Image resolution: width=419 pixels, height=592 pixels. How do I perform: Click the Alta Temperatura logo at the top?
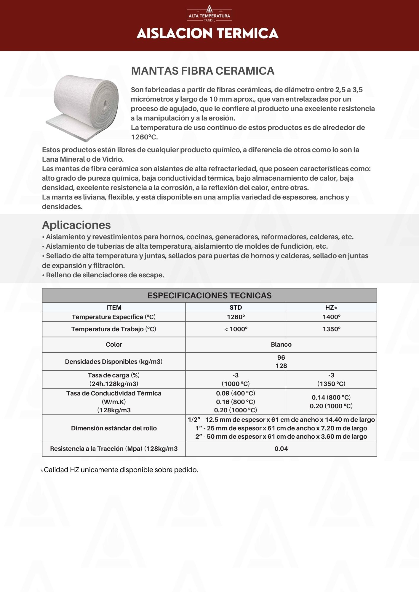tap(209, 14)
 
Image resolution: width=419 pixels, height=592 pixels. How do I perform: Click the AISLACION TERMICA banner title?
tap(207, 33)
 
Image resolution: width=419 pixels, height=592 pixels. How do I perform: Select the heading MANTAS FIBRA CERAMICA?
tap(203, 71)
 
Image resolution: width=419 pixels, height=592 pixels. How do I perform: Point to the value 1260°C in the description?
tap(144, 137)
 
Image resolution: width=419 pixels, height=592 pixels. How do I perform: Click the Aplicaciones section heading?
tap(76, 225)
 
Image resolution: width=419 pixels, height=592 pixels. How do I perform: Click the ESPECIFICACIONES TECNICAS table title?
tap(209, 295)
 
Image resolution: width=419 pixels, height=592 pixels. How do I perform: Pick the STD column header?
tap(236, 308)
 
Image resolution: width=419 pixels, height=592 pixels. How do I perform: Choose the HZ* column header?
tap(331, 308)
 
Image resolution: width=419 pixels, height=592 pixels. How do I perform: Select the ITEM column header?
tap(114, 308)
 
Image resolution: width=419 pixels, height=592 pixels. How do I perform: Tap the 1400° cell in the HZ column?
tap(331, 317)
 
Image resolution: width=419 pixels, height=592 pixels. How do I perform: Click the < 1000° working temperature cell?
tap(236, 329)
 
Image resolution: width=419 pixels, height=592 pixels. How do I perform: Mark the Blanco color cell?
tap(281, 345)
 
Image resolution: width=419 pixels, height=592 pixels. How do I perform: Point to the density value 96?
tap(281, 358)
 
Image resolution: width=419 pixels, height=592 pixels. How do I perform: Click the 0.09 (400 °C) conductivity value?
tap(236, 393)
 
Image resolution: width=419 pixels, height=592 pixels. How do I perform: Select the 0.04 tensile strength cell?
tap(281, 449)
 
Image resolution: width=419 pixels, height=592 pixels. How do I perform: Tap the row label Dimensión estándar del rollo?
tap(114, 428)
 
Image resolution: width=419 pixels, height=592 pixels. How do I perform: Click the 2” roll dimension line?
tap(281, 437)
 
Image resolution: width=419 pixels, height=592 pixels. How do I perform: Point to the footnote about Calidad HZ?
tap(119, 470)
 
